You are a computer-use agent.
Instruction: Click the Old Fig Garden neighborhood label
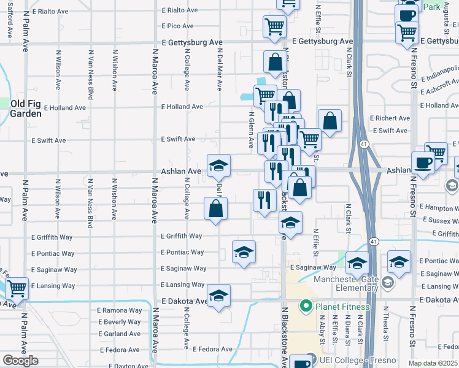[26, 109]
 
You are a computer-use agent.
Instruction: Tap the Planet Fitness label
[342, 307]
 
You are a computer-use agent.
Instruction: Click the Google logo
[20, 361]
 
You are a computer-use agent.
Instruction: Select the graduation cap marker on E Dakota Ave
[218, 296]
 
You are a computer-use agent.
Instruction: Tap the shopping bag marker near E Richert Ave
[330, 121]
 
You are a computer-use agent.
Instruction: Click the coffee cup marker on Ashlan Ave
[423, 163]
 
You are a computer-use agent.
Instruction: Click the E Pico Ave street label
[177, 26]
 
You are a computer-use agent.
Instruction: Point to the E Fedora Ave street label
[212, 349]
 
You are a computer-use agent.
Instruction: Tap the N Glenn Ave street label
[252, 130]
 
